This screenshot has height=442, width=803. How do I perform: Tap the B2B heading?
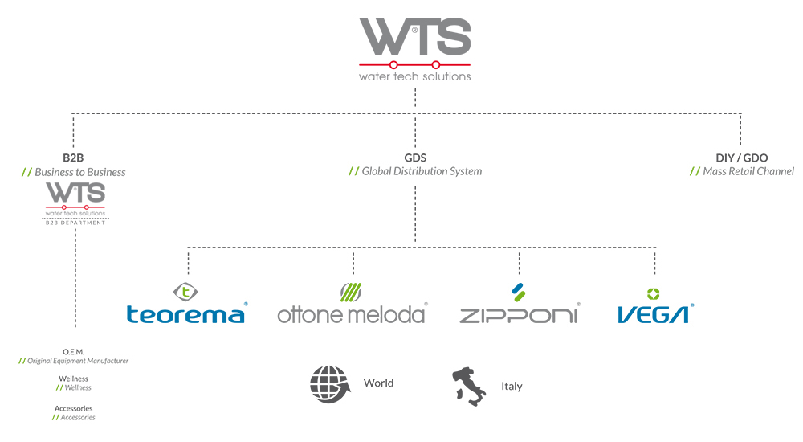pos(73,158)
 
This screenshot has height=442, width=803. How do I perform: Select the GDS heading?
pos(415,158)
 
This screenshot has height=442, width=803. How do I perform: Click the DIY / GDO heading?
pos(740,158)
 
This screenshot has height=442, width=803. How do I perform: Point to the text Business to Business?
pos(79,172)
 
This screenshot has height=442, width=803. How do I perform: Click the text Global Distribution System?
pos(422,171)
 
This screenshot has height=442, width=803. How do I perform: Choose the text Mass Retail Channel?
pos(748,171)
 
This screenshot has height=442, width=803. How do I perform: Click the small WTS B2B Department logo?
pos(75,203)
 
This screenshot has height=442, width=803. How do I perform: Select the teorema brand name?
pos(186,313)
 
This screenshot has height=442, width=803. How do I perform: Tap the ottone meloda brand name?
pos(352,313)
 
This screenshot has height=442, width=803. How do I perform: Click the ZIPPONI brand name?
pos(519,313)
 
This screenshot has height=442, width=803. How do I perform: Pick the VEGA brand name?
pos(654,313)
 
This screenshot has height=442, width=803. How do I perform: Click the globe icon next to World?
pos(330,383)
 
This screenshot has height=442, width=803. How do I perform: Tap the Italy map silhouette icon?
pos(470,385)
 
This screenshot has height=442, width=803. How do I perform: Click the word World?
pos(378,383)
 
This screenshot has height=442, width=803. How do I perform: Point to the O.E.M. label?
pos(73,352)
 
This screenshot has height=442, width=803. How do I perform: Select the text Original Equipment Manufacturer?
pos(78,362)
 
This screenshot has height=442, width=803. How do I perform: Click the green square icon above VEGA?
pos(654,293)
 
